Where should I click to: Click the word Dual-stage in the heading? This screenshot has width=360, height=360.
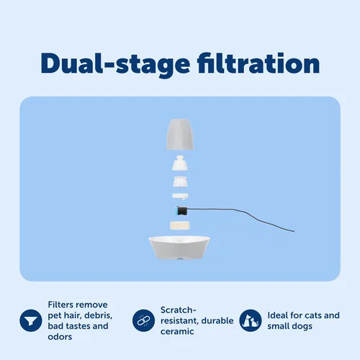115,64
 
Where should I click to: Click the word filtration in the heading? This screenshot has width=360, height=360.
258,63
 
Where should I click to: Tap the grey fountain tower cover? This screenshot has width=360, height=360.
180,134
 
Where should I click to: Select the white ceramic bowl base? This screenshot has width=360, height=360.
179,248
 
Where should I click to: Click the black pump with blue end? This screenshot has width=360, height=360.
182,211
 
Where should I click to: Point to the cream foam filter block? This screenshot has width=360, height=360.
180,225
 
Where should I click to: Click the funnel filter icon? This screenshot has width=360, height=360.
31,320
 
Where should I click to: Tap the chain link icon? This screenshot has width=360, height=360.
143,320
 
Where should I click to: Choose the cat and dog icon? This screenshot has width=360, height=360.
251,320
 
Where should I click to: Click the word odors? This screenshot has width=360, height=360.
60,337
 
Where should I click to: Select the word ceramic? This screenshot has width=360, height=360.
177,331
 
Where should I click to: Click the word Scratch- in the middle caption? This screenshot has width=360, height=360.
179,310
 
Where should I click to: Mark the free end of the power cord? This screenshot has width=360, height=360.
294,231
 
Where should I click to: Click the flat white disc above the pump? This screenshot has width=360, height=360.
180,197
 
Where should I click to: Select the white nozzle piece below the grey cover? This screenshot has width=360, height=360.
180,163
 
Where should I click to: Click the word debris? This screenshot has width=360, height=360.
98,315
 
